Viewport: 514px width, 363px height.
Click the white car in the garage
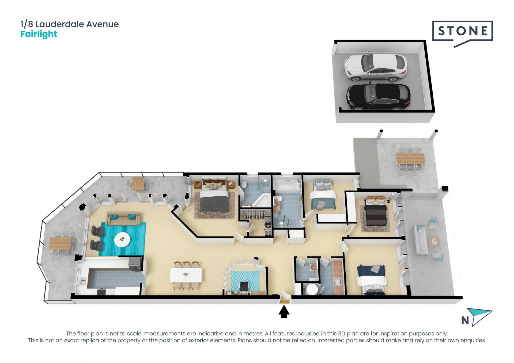375,67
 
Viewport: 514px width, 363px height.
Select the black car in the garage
378,97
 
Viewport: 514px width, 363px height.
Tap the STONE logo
462,34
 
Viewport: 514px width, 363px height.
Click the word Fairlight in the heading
39,34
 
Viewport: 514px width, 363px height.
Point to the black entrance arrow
284,312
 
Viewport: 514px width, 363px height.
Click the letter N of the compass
465,320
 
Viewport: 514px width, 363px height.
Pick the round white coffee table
122,239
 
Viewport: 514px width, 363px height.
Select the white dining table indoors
186,274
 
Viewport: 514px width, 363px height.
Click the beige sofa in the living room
123,218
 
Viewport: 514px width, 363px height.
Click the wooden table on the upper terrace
410,158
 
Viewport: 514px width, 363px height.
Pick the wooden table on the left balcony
60,243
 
